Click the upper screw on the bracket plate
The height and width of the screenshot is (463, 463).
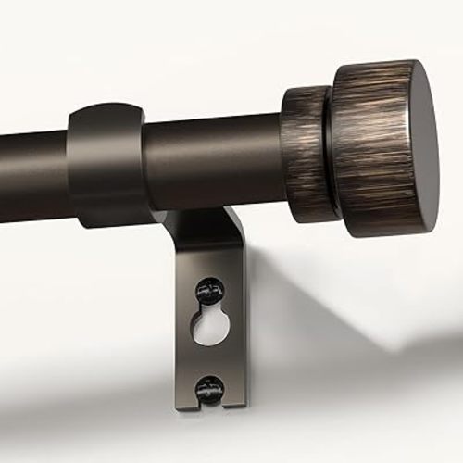(208, 294)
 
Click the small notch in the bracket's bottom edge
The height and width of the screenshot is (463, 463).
(210, 405)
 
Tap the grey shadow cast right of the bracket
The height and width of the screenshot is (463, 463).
(315, 306)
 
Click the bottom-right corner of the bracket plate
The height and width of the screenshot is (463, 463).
(244, 405)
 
